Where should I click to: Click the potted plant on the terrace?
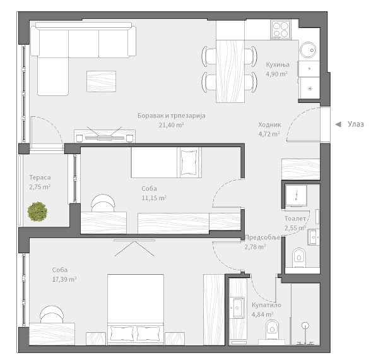pyautogui.click(x=37, y=212)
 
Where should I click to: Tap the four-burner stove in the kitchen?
pyautogui.click(x=281, y=30)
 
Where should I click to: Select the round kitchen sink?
pyautogui.click(x=308, y=50)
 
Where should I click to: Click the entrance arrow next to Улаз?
pyautogui.click(x=338, y=124)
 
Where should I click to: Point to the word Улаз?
pyautogui.click(x=356, y=124)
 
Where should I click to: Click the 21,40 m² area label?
pyautogui.click(x=172, y=125)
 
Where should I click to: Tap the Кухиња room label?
pyautogui.click(x=278, y=64)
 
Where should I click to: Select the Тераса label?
pyautogui.click(x=40, y=177)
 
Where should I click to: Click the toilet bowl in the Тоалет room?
pyautogui.click(x=299, y=258)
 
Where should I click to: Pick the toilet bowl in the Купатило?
pyautogui.click(x=272, y=330)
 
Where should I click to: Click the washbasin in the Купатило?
pyautogui.click(x=238, y=308)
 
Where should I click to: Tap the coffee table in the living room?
pyautogui.click(x=101, y=81)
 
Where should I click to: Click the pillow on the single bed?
pyautogui.click(x=189, y=162)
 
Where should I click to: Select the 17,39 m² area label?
pyautogui.click(x=64, y=279)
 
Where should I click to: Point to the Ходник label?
pyautogui.click(x=269, y=124)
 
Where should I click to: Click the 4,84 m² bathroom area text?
pyautogui.click(x=262, y=315)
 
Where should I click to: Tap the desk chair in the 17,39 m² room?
pyautogui.click(x=52, y=315)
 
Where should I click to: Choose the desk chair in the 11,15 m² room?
pyautogui.click(x=103, y=203)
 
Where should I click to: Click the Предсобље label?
pyautogui.click(x=262, y=237)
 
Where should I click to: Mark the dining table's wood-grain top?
pyautogui.click(x=230, y=71)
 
